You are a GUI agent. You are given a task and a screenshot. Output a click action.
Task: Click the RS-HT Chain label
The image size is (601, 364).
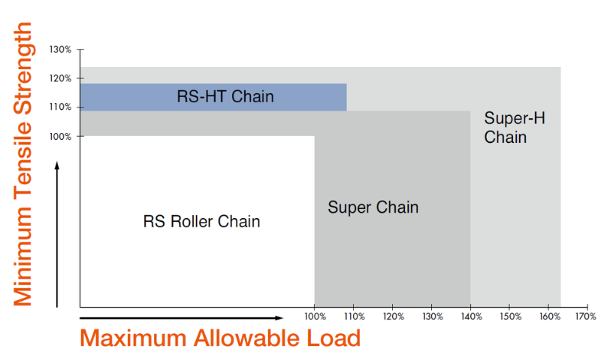coord(225,97)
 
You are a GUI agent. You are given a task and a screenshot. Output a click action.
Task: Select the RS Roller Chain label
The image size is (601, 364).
coord(201,222)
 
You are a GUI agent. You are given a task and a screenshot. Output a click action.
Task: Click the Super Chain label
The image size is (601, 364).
coord(373,208)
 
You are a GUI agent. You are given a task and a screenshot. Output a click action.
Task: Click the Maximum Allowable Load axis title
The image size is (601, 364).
coord(220,338)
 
